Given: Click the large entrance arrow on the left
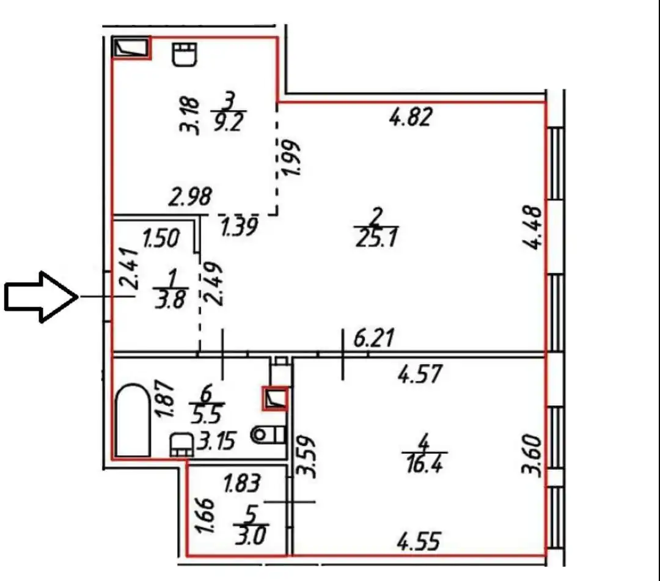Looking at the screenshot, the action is (x=42, y=297).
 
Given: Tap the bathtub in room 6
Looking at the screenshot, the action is (x=133, y=420).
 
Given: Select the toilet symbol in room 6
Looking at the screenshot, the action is (x=268, y=434).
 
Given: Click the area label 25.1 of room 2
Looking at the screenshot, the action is (x=376, y=238).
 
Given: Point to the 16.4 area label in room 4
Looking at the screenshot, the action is (x=424, y=464).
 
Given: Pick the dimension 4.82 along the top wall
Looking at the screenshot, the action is (x=411, y=117).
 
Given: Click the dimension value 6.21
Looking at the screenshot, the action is (x=374, y=337).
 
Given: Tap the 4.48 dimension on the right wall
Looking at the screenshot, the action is (x=532, y=228).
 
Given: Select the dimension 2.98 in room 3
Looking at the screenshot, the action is (x=190, y=197).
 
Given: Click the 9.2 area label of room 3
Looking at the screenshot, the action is (x=229, y=122).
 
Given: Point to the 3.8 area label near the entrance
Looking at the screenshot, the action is (x=170, y=299).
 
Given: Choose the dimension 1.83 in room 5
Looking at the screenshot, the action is (x=242, y=483).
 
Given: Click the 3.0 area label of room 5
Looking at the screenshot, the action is (x=251, y=536).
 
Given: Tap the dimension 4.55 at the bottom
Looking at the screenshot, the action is (x=419, y=541).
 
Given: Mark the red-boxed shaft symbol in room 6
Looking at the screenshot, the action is (x=275, y=398).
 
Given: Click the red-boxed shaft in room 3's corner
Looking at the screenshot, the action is (x=132, y=48).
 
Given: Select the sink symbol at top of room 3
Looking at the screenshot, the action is (x=185, y=54).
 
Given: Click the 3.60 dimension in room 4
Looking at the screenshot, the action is (x=531, y=455).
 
